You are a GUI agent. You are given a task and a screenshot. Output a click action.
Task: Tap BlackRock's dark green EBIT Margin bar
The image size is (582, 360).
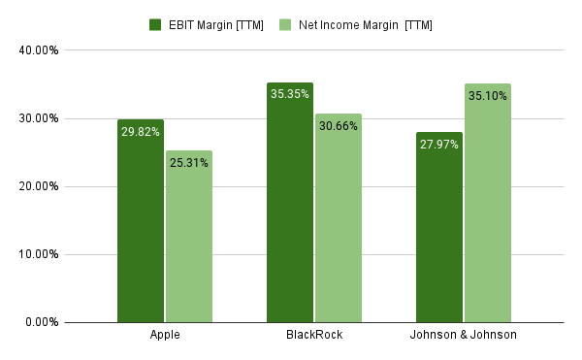tap(290, 213)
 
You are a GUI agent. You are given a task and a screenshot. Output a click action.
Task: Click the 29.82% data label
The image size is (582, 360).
tap(141, 131)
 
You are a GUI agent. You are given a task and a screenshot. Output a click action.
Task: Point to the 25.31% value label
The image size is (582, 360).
tap(188, 162)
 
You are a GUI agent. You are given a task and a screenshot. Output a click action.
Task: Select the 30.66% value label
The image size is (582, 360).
tap(338, 125)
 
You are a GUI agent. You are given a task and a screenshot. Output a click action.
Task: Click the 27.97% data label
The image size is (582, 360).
tap(439, 144)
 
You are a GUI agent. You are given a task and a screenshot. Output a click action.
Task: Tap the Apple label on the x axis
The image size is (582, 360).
tap(165, 335)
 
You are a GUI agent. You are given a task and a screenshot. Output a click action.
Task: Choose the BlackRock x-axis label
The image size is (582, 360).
tap(314, 335)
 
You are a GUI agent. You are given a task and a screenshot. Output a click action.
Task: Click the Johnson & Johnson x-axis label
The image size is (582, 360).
tap(464, 335)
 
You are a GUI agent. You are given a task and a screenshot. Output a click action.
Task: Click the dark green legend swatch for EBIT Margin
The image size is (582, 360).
tap(155, 24)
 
